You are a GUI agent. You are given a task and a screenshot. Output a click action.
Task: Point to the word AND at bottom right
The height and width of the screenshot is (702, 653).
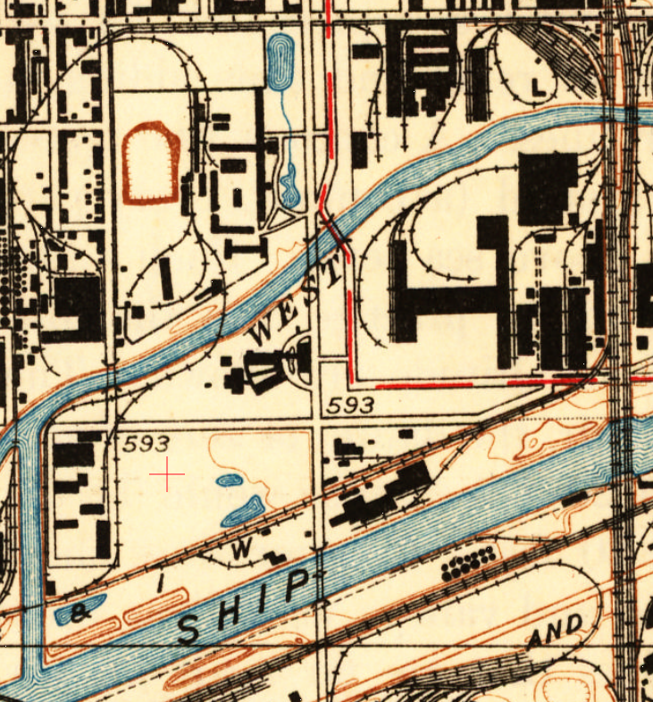pyautogui.click(x=555, y=631)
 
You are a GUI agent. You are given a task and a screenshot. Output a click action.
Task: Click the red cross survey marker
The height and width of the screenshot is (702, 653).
pyautogui.click(x=167, y=473)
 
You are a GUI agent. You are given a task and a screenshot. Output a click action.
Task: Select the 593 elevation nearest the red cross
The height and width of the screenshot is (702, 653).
pyautogui.click(x=147, y=443)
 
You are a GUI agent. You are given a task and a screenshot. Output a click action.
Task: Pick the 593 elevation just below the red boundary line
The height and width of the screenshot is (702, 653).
pyautogui.click(x=350, y=405)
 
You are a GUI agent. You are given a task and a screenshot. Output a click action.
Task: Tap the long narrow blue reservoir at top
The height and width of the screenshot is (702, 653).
pyautogui.click(x=280, y=61)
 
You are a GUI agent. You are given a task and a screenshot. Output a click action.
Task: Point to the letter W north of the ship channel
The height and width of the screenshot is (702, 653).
pyautogui.click(x=239, y=551)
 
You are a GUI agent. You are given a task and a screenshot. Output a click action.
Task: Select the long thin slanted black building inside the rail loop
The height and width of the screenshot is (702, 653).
pyautogui.click(x=166, y=278)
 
